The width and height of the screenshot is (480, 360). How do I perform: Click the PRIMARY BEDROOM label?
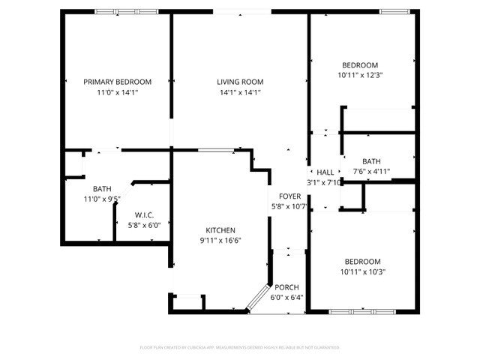pyautogui.click(x=117, y=82)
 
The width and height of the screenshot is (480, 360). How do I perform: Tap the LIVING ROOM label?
pyautogui.click(x=240, y=82)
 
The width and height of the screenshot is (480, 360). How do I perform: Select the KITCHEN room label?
pyautogui.click(x=221, y=230)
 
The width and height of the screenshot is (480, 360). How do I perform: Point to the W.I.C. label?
pyautogui.click(x=145, y=214)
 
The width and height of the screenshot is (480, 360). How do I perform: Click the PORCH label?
pyautogui.click(x=286, y=287)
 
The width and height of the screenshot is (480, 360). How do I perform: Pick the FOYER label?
pyautogui.click(x=290, y=196)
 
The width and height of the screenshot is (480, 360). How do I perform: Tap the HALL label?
pyautogui.click(x=325, y=172)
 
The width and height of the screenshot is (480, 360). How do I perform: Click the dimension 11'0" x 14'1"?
pyautogui.click(x=117, y=92)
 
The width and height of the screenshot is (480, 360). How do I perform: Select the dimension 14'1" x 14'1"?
pyautogui.click(x=240, y=92)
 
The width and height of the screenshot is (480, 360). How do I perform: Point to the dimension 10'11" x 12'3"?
pyautogui.click(x=361, y=74)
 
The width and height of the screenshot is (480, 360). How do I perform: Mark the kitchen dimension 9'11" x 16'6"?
pyautogui.click(x=221, y=241)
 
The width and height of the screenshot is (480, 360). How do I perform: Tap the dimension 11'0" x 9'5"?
pyautogui.click(x=102, y=199)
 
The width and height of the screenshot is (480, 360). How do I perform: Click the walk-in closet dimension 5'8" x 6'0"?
pyautogui.click(x=145, y=224)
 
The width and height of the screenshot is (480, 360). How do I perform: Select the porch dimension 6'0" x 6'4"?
pyautogui.click(x=286, y=297)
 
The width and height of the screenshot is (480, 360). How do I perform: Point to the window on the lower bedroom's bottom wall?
pyautogui.click(x=361, y=310)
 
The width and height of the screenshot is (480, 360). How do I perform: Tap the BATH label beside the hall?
pyautogui.click(x=371, y=161)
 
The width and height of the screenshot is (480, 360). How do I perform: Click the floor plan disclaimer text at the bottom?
pyautogui.click(x=240, y=347)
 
